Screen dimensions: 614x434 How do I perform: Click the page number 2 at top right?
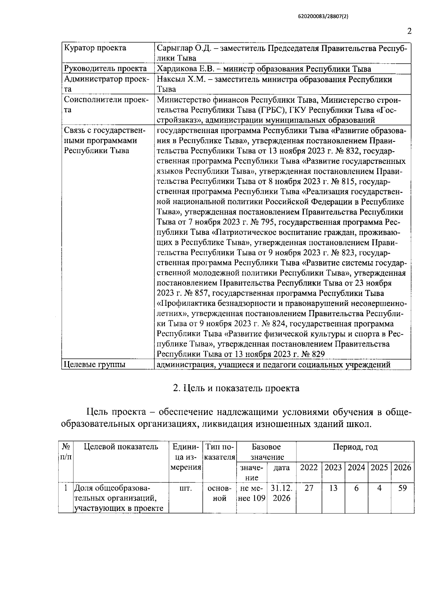pos(409,31)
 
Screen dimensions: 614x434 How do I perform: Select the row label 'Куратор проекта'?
pos(95,48)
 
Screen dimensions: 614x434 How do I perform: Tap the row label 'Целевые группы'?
pos(94,364)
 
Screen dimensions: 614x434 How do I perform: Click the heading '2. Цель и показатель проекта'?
pos(236,388)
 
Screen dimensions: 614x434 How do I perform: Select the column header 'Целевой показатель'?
pos(121,447)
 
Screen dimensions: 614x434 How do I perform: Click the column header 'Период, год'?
pos(355,447)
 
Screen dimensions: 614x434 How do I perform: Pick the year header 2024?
pos(356,467)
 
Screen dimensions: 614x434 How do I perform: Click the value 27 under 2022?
pos(309,488)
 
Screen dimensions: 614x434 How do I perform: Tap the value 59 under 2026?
pos(402,488)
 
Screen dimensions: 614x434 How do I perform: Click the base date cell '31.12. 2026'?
pos(281,493)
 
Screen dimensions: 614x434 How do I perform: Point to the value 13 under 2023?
pos(333,488)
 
